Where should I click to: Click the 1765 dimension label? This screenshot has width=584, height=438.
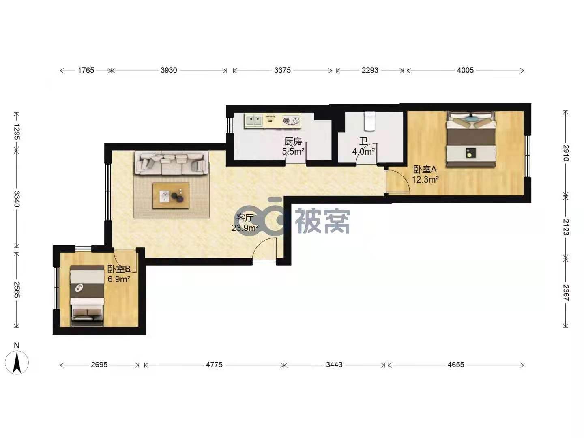tap(86, 70)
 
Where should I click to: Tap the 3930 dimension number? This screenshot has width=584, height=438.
tap(169, 70)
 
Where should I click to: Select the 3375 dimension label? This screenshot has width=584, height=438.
tap(282, 70)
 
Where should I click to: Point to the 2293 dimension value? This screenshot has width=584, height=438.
tap(370, 70)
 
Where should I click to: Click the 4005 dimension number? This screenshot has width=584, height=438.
tap(465, 70)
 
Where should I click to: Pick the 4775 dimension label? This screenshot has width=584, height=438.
tap(214, 365)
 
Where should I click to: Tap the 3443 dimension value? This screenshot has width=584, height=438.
tap(334, 365)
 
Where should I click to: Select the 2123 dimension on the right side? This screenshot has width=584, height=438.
tap(566, 227)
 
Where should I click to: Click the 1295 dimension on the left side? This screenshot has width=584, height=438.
tap(17, 132)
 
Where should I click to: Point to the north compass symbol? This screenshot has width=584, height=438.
tap(17, 362)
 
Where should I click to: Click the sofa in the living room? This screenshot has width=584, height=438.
tap(172, 163)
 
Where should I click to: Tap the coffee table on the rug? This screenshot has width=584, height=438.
tap(171, 196)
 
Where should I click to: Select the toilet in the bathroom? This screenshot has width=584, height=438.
tap(369, 121)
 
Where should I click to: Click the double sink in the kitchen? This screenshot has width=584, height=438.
tap(254, 120)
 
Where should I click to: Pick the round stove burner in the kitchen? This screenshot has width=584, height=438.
tap(286, 120)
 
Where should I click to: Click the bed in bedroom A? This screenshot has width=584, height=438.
tap(471, 139)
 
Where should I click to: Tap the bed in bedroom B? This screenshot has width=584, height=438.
tap(87, 296)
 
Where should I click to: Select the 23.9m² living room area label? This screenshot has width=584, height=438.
tap(245, 228)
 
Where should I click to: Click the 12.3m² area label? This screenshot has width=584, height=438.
tap(425, 180)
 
